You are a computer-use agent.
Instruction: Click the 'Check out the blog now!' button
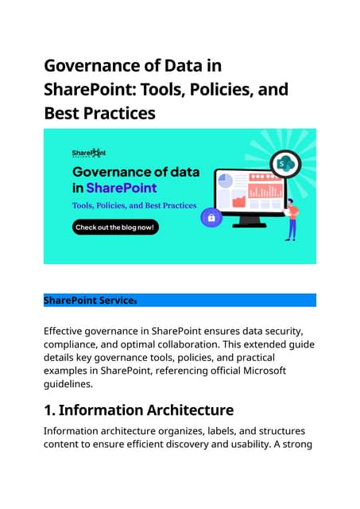pyautogui.click(x=116, y=227)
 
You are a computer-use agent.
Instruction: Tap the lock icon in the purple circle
pyautogui.click(x=211, y=217)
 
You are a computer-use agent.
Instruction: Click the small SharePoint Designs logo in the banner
pyautogui.click(x=88, y=152)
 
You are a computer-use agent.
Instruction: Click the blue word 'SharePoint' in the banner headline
pyautogui.click(x=121, y=188)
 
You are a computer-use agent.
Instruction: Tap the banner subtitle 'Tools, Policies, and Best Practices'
pyautogui.click(x=134, y=205)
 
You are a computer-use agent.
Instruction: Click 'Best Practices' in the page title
pyautogui.click(x=99, y=113)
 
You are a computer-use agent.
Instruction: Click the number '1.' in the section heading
pyautogui.click(x=49, y=410)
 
